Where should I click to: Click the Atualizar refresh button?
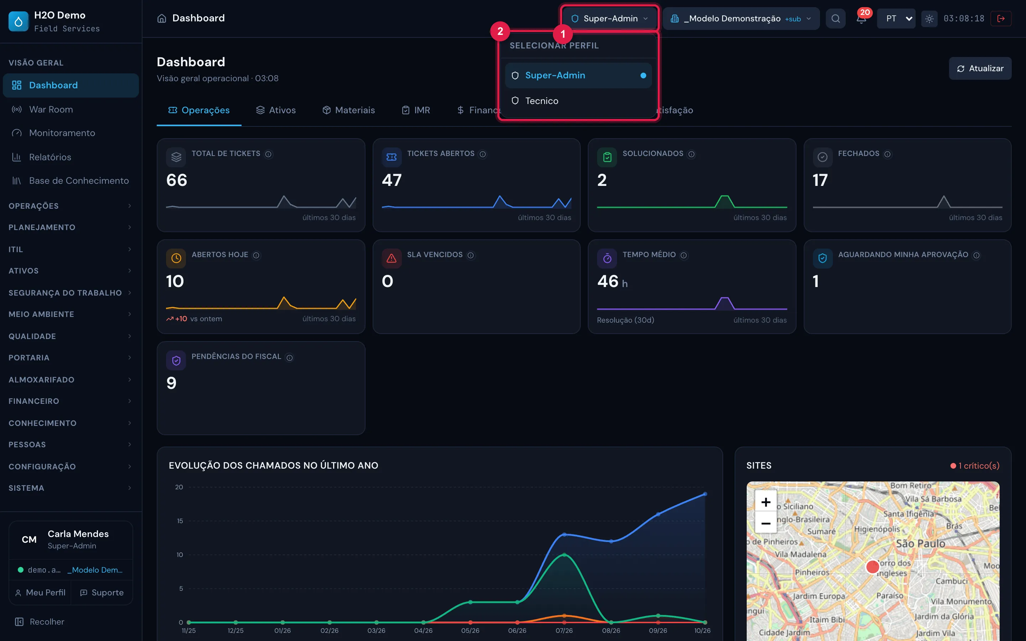point(980,68)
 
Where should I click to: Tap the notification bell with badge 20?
point(861,18)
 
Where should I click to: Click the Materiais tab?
point(348,110)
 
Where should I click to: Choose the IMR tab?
point(415,110)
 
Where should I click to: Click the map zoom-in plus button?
point(766,502)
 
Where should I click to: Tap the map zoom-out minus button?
point(766,523)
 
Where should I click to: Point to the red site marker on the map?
point(872,566)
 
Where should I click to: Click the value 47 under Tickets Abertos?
point(391,180)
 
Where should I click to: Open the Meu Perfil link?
point(40,592)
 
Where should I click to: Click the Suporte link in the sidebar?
point(102,592)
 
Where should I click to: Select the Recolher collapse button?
point(40,621)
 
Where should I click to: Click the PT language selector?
point(896,18)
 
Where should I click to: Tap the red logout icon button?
point(1001,18)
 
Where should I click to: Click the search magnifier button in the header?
point(835,18)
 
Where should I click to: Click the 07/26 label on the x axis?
point(564,630)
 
